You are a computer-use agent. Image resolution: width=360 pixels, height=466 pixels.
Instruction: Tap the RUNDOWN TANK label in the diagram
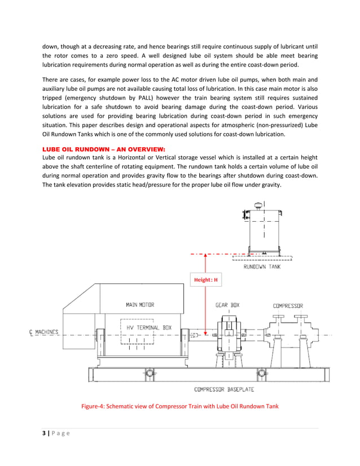pyautogui.click(x=262, y=267)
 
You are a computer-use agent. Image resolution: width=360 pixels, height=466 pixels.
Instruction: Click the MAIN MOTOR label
pyautogui.click(x=139, y=305)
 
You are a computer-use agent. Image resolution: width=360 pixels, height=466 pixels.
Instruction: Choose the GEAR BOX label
pyautogui.click(x=227, y=305)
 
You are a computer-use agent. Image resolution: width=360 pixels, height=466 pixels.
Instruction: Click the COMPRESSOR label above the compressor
pyautogui.click(x=288, y=306)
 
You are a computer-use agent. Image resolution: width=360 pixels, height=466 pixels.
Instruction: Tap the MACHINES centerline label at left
pyautogui.click(x=44, y=332)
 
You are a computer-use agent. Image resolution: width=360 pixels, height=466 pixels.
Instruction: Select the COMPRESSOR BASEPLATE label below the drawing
pyautogui.click(x=223, y=389)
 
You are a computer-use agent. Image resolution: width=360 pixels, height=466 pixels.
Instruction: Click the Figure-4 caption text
pyautogui.click(x=180, y=407)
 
